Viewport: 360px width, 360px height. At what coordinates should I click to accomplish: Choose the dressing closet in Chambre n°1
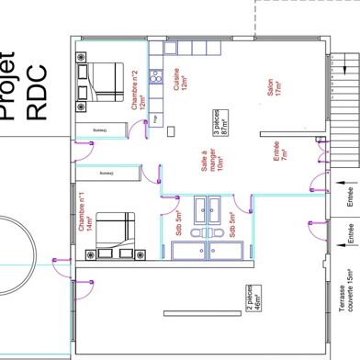tap(107, 172)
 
